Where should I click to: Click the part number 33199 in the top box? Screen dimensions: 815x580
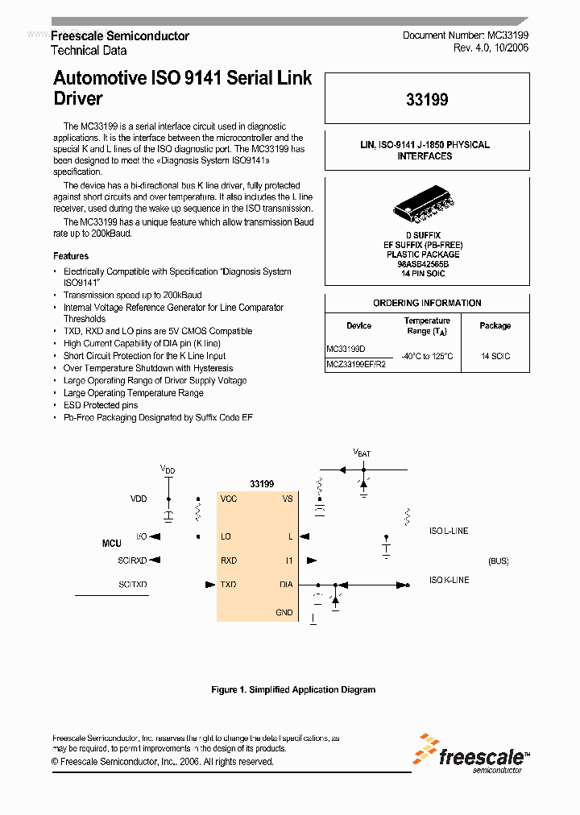click(x=427, y=100)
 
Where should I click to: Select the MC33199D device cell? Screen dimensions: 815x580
click(x=346, y=350)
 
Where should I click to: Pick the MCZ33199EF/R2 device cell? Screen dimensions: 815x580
click(x=356, y=364)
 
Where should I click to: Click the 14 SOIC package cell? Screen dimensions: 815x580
click(x=495, y=356)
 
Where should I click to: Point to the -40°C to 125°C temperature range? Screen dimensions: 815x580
click(x=427, y=356)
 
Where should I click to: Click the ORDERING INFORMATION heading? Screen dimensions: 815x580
click(x=427, y=303)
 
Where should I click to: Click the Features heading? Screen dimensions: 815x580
click(x=71, y=256)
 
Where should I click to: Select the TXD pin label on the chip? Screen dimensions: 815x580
click(x=229, y=585)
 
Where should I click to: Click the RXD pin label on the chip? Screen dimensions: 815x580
click(x=229, y=561)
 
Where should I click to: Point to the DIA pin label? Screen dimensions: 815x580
click(x=286, y=585)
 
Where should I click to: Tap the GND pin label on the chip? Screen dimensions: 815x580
click(x=284, y=613)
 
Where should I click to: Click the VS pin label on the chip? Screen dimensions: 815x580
click(x=288, y=499)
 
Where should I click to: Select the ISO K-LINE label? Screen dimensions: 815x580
click(x=449, y=580)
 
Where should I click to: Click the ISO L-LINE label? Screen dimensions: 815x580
click(x=449, y=531)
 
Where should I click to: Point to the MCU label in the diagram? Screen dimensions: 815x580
click(x=112, y=544)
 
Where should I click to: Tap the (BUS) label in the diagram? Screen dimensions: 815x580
click(x=499, y=561)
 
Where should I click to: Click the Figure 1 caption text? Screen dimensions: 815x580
click(x=293, y=689)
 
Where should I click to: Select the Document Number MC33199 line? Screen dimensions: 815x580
click(x=465, y=36)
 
